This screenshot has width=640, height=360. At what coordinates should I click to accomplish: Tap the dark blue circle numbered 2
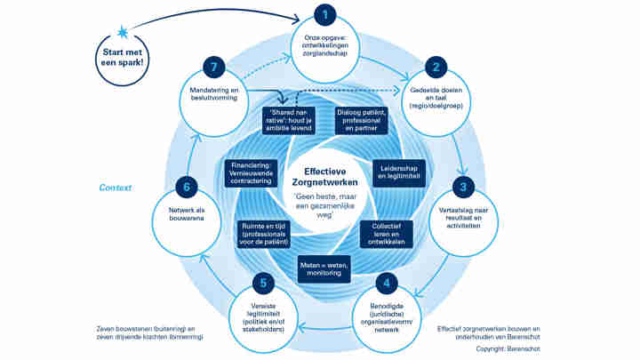coord(436,66)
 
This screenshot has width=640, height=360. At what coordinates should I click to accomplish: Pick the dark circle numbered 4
coord(385,285)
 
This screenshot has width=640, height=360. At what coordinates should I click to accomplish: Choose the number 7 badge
coord(212,67)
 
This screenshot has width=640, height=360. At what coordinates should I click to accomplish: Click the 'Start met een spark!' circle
coord(124,59)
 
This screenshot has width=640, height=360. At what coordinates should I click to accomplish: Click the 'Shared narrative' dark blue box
coord(290,119)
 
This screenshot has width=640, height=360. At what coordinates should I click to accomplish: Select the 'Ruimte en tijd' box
coord(268,234)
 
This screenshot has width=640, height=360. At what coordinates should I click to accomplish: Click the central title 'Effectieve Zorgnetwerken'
coord(325,175)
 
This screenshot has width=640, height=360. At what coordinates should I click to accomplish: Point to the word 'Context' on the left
coord(116,188)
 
